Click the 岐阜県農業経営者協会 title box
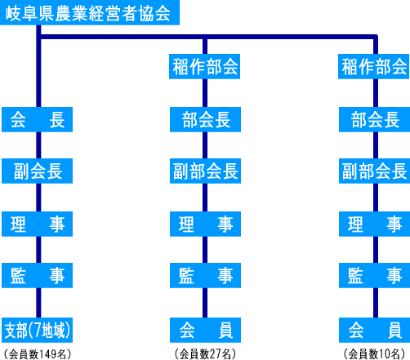[x=90, y=12]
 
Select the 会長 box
[x=37, y=119]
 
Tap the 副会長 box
[x=37, y=171]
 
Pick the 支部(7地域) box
[x=37, y=330]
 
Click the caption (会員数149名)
[x=38, y=354]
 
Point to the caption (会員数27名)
[x=205, y=354]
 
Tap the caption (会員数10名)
[x=375, y=354]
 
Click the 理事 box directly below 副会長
[x=37, y=224]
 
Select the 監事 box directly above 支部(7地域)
[x=37, y=275]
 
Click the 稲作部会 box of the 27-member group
[x=204, y=66]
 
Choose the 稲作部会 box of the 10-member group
[x=374, y=66]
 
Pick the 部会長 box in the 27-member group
[x=205, y=119]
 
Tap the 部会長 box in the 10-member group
[x=374, y=119]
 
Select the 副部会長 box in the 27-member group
[x=205, y=171]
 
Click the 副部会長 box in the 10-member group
[x=374, y=171]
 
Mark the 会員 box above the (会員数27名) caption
[x=205, y=330]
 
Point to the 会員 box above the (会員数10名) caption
[x=374, y=330]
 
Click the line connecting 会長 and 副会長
[x=38, y=145]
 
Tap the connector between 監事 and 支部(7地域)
[x=38, y=303]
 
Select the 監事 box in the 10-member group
[x=374, y=275]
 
